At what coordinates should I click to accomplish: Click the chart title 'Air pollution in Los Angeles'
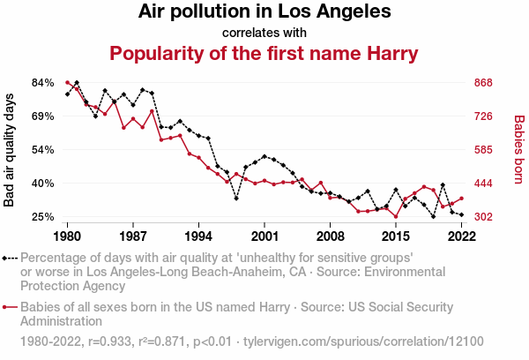click(x=264, y=13)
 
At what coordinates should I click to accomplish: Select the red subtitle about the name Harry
click(x=264, y=54)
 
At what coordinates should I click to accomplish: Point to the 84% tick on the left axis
click(x=43, y=83)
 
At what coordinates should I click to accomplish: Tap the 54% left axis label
click(x=43, y=150)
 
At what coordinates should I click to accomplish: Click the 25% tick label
click(x=43, y=217)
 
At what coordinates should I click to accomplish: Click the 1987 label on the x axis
click(x=133, y=236)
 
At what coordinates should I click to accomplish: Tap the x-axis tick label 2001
click(x=264, y=236)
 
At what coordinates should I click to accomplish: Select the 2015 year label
click(x=396, y=236)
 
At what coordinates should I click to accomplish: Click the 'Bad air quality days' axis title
click(x=10, y=149)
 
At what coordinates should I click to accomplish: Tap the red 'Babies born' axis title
click(x=519, y=149)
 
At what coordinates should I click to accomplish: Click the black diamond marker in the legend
click(x=6, y=259)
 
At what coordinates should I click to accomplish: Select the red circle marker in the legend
click(x=6, y=308)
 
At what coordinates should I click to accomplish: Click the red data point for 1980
click(x=68, y=83)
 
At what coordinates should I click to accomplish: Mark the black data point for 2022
click(x=461, y=214)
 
